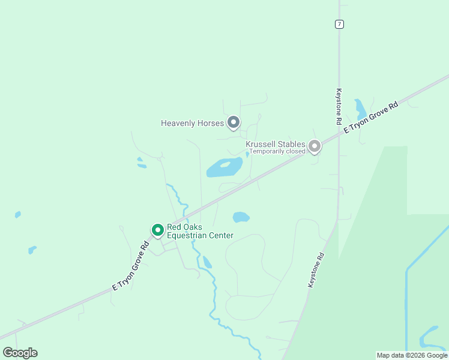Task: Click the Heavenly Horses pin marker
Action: tap(234, 122)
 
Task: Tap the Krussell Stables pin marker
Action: tap(314, 146)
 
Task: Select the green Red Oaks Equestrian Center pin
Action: tap(157, 230)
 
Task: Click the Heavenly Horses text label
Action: tap(192, 123)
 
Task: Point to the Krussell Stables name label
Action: tap(276, 145)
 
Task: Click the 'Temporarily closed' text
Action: tap(277, 151)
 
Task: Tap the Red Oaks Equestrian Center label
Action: tap(200, 232)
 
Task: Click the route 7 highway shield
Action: tap(340, 24)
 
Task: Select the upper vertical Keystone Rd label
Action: tap(339, 107)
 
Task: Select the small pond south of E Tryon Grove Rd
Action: tap(241, 217)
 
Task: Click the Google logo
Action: tap(20, 353)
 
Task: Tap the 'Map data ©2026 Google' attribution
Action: tap(412, 355)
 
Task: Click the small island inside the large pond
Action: tap(226, 164)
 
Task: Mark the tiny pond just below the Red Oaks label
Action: tap(207, 262)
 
